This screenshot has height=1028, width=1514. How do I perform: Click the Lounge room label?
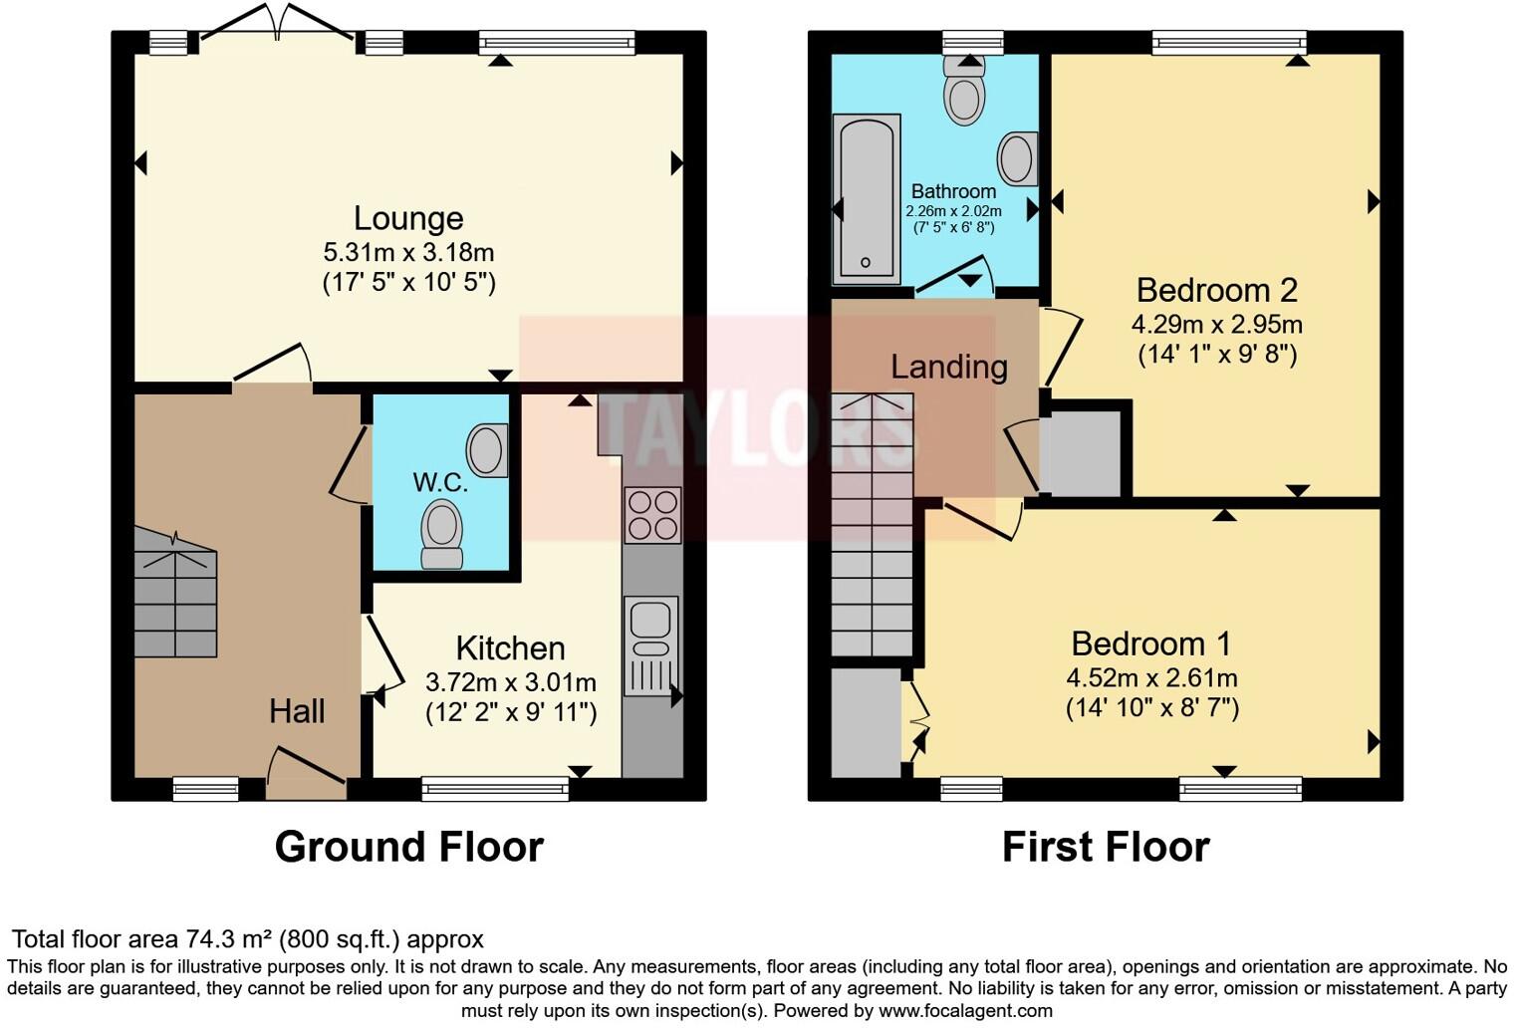(x=408, y=218)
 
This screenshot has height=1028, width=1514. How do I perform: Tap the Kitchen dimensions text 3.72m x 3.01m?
(x=510, y=682)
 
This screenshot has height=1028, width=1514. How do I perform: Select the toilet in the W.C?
(x=442, y=533)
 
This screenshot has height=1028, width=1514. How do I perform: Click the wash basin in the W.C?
(x=488, y=450)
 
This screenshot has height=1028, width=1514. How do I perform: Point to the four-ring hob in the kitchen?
(x=652, y=515)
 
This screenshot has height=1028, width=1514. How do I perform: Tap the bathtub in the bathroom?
(x=867, y=198)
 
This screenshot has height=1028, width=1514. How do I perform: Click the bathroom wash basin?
(x=1017, y=158)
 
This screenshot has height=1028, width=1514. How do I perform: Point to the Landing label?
(x=948, y=367)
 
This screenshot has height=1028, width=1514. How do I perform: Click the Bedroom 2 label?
(x=1216, y=290)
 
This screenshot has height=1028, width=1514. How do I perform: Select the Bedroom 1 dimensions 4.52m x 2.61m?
(x=1151, y=678)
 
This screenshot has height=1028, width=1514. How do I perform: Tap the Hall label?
(x=297, y=711)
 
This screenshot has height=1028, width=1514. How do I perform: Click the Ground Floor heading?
(x=408, y=847)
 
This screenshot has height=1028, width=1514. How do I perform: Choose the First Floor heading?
(x=1105, y=847)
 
